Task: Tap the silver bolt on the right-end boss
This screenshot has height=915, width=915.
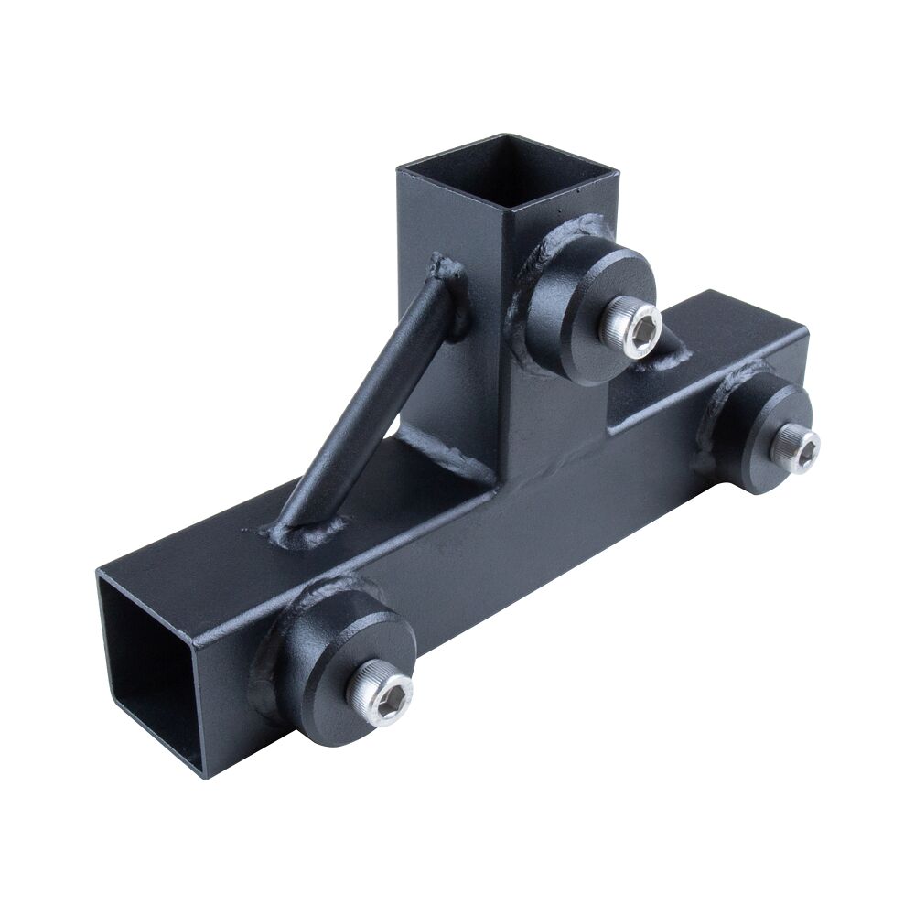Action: [795, 449]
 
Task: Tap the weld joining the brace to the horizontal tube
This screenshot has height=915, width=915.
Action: [307, 528]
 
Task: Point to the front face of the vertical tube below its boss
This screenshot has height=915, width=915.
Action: [549, 421]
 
